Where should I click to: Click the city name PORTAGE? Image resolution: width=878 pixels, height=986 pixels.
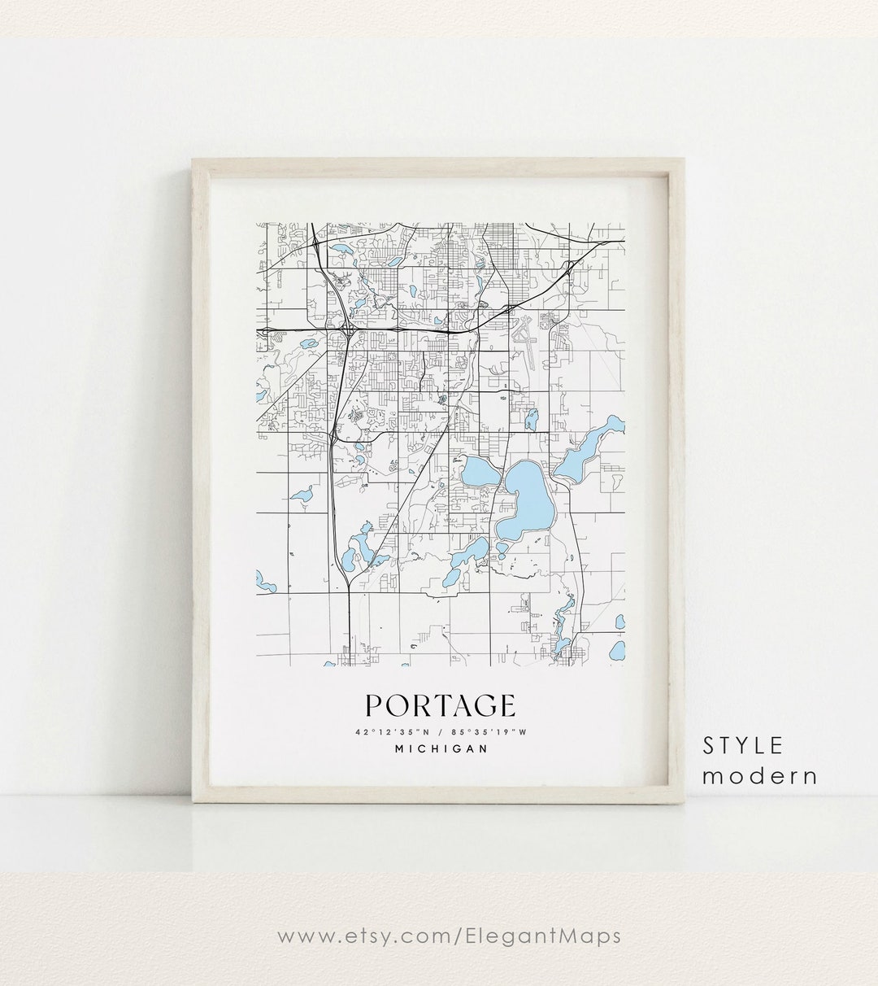point(440,706)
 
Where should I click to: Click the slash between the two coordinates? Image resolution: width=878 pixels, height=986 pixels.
point(440,731)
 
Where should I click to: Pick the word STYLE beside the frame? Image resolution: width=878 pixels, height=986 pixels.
point(744,745)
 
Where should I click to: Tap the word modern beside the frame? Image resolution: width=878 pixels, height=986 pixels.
point(760,776)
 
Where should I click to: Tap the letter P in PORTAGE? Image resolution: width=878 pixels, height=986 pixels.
point(375,706)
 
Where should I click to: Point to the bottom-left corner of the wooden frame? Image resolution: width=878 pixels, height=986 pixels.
point(193,801)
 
